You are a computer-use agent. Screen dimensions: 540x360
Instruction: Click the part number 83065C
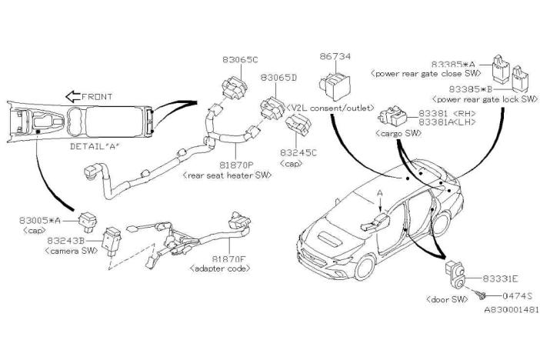240,59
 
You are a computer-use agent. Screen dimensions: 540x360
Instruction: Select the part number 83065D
278,78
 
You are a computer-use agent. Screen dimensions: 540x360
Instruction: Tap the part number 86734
335,56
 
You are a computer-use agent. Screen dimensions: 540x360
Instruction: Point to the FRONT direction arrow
72,96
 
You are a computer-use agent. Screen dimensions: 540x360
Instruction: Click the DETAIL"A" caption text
95,146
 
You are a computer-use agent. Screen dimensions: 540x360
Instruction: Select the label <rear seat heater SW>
227,175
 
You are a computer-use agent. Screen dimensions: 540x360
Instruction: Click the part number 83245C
298,152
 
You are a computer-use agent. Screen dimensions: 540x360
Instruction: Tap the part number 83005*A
40,221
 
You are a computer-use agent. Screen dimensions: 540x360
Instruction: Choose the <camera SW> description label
72,251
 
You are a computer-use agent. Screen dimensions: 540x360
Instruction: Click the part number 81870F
229,258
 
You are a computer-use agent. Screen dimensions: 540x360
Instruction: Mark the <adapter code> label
220,268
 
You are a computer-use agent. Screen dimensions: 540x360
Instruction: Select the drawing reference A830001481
512,310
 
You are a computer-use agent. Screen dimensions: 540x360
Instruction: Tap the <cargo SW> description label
398,133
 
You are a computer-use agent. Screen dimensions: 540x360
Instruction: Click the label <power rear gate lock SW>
485,99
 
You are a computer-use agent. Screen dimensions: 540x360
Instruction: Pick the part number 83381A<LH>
447,122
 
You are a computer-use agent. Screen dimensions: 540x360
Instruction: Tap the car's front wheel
365,268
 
